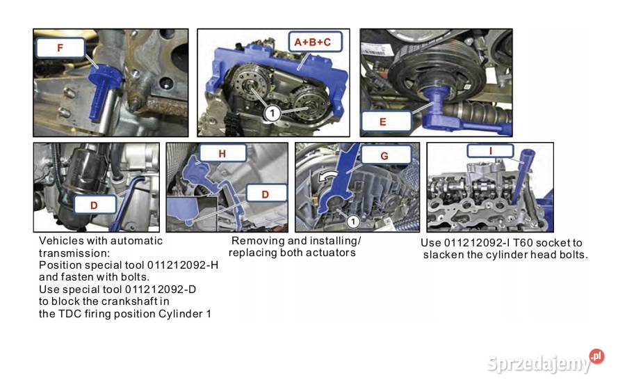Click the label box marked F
click(60, 48)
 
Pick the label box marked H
click(222, 153)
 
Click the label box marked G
click(385, 155)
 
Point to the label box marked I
click(490, 151)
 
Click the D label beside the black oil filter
click(95, 205)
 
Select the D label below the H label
click(266, 193)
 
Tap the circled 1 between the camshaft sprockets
click(272, 113)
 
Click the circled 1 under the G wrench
click(353, 222)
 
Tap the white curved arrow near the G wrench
click(327, 177)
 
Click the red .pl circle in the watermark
click(596, 356)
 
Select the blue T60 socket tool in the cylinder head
click(522, 175)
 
